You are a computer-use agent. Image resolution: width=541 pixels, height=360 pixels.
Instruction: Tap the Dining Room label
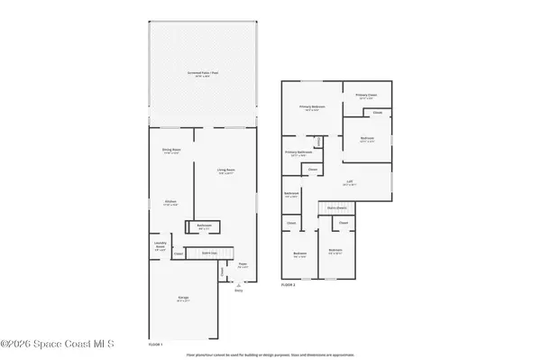coord(171,151)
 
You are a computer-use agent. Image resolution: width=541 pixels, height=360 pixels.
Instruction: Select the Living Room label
coord(225,171)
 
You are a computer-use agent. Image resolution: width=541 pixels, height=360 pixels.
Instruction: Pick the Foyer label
coord(243,265)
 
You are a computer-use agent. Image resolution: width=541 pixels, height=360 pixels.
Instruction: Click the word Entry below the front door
coord(239,291)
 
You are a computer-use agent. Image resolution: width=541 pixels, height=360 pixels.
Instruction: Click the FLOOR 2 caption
coord(289,285)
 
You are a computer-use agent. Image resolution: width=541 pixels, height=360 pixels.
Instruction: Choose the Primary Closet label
coord(365,95)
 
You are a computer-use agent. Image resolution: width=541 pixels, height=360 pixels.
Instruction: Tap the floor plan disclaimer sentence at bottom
coord(270,355)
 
